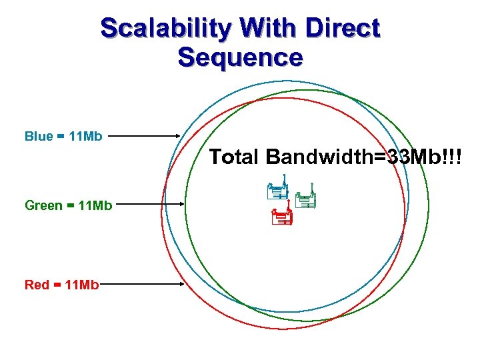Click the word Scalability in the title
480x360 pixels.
tap(163, 29)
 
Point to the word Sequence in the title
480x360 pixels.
tap(240, 57)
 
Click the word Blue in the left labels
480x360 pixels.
tap(38, 137)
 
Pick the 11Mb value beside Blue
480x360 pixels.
tap(85, 137)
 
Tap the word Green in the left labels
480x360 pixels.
tap(43, 205)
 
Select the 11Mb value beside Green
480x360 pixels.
tap(95, 205)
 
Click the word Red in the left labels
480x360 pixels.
tap(37, 285)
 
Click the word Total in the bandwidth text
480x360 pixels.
tap(234, 157)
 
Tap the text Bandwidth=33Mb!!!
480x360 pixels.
tap(363, 157)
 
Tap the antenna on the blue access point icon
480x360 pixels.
tap(285, 180)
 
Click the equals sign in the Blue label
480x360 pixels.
tap(61, 137)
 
